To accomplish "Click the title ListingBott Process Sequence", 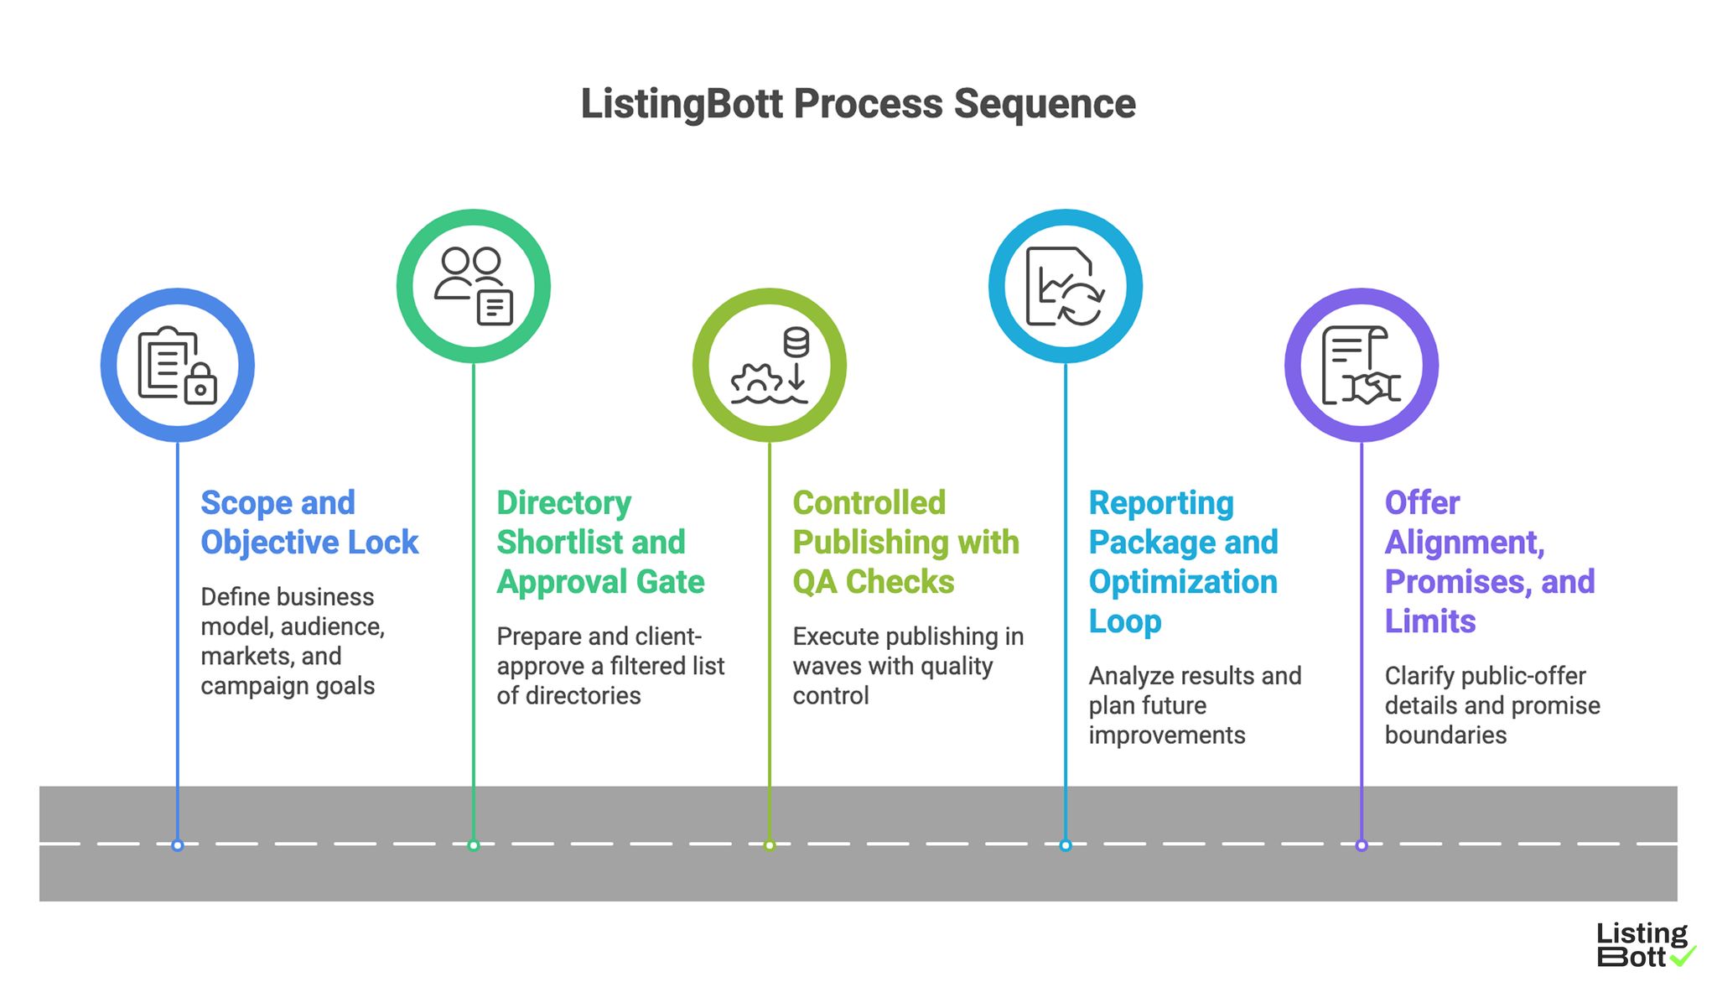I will tap(858, 105).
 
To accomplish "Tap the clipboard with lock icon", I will tap(178, 366).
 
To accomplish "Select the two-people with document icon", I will tap(474, 286).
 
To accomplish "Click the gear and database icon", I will tap(770, 366).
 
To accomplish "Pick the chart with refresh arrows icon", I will tap(1065, 286).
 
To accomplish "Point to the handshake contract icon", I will tap(1362, 366).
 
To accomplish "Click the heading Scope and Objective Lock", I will tap(309, 522).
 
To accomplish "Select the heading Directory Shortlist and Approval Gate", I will tap(599, 542).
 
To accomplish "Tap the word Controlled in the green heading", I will tap(869, 503).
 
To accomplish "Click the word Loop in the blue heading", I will tap(1124, 621).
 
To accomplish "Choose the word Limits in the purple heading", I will tap(1429, 621).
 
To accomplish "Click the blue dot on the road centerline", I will tap(178, 845).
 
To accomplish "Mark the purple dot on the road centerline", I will tap(1362, 845).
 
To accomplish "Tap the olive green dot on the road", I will tap(770, 845).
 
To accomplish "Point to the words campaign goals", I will tap(288, 686).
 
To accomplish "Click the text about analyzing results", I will tap(1195, 676).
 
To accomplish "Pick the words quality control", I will tap(892, 680).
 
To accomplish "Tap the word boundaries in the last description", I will tap(1445, 735).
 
